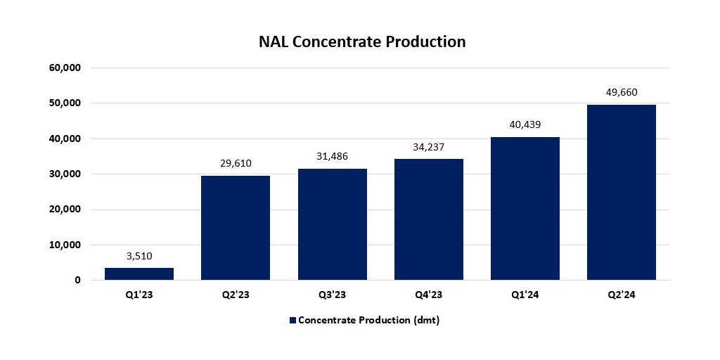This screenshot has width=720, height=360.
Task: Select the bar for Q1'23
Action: click(139, 274)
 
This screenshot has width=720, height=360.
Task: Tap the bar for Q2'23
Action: click(236, 228)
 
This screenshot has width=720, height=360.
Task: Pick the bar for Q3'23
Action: click(333, 224)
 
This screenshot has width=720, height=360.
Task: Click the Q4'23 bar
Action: click(429, 219)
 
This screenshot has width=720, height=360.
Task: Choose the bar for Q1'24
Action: click(525, 209)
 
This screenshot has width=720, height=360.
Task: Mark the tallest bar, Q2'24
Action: click(622, 193)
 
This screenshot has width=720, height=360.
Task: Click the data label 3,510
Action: click(139, 256)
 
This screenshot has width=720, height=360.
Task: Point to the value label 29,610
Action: click(236, 164)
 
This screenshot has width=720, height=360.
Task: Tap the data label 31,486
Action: click(333, 157)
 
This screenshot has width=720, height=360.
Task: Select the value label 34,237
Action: click(429, 147)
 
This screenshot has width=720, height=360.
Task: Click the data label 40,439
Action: click(525, 125)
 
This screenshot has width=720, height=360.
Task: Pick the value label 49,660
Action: click(622, 92)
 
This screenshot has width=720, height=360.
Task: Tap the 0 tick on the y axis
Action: click(77, 281)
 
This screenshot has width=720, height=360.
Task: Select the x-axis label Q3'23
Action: click(333, 295)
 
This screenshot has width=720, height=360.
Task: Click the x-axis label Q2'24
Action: click(622, 295)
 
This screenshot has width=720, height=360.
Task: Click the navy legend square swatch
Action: click(292, 321)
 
